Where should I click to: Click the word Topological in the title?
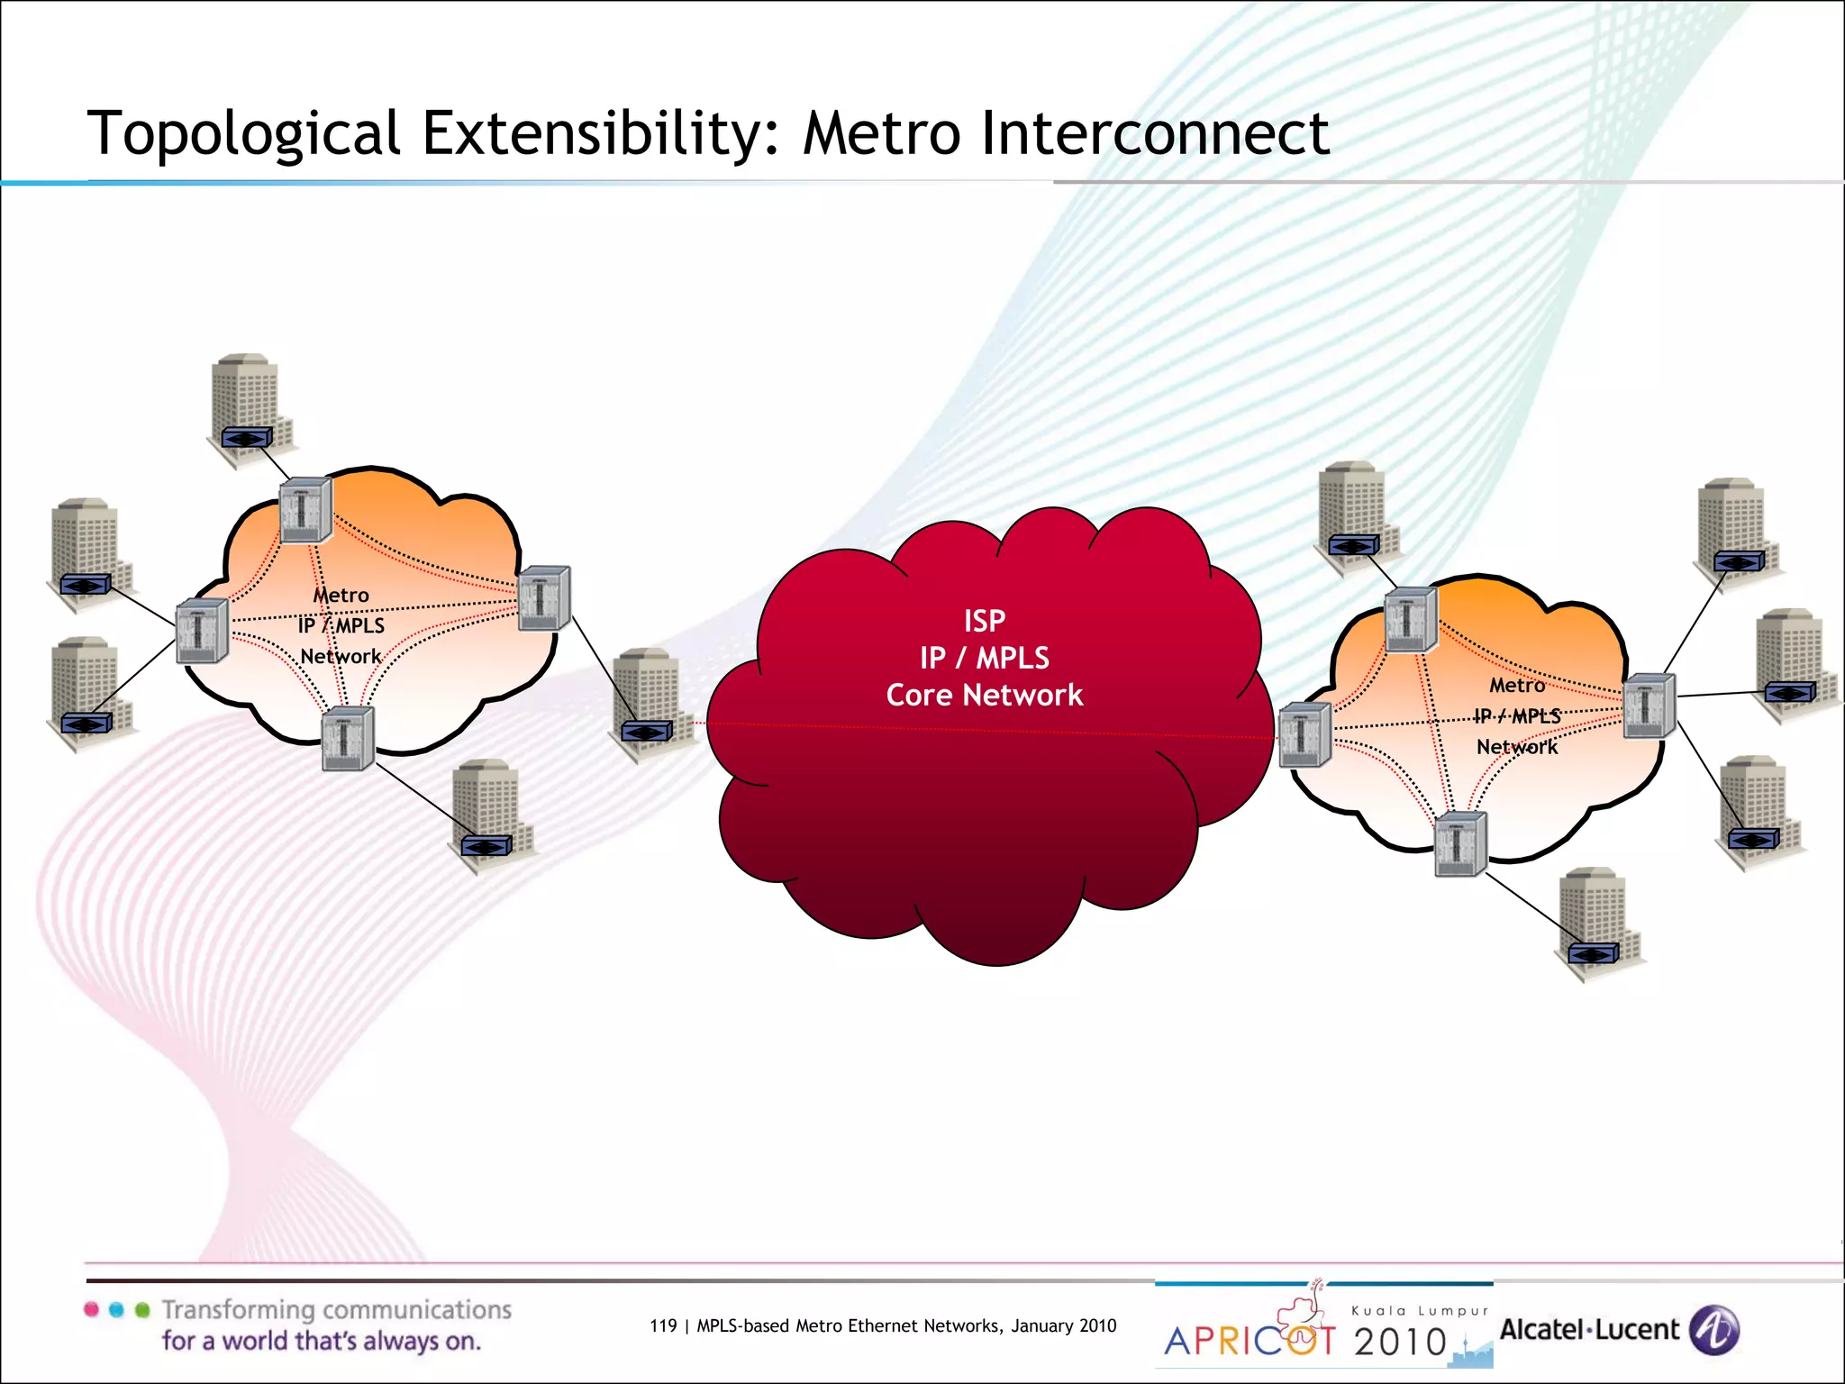243,133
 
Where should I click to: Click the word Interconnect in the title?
1155,133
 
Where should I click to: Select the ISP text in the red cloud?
984,621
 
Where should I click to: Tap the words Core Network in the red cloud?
984,695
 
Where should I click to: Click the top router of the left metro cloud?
305,510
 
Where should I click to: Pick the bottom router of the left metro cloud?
348,738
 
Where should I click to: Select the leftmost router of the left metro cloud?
202,630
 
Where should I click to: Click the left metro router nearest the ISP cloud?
544,597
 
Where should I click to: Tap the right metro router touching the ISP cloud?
1304,734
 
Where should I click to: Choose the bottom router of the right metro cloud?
1459,844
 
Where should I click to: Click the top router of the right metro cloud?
1410,619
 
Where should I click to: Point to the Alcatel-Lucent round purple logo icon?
1713,1330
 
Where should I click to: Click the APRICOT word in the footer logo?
1250,1341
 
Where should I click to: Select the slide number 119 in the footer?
662,1325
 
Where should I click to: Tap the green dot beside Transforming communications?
142,1310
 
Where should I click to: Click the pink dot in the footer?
91,1310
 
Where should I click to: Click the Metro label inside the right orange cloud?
1517,686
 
